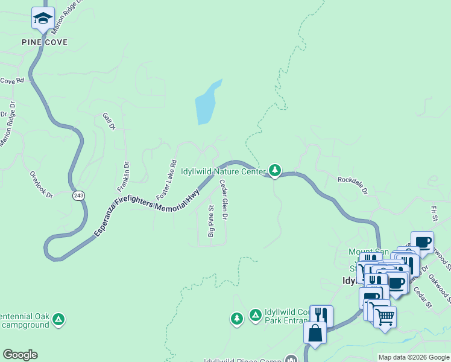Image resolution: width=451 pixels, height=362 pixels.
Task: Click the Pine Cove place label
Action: pyautogui.click(x=45, y=42)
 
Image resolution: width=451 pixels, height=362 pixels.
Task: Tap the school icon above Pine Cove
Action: pyautogui.click(x=43, y=19)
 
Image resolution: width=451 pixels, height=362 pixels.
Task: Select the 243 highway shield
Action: pyautogui.click(x=79, y=195)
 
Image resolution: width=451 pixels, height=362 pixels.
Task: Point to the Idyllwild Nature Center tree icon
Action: pyautogui.click(x=275, y=171)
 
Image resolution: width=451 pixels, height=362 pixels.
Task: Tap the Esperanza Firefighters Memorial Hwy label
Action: pyautogui.click(x=147, y=212)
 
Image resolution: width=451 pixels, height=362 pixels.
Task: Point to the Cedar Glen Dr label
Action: pyautogui.click(x=222, y=200)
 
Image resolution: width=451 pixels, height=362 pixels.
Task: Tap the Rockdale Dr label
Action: pyautogui.click(x=352, y=184)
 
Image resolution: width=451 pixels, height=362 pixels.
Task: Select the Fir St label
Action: pyautogui.click(x=433, y=212)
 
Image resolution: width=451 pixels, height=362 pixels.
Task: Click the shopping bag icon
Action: pyautogui.click(x=315, y=332)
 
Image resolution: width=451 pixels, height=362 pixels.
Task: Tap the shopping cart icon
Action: pyautogui.click(x=385, y=316)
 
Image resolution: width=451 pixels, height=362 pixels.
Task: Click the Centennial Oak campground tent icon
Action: pyautogui.click(x=58, y=318)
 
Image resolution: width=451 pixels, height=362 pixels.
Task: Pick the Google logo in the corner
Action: pyautogui.click(x=20, y=355)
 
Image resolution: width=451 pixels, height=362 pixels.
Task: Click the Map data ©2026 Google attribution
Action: pyautogui.click(x=413, y=357)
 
